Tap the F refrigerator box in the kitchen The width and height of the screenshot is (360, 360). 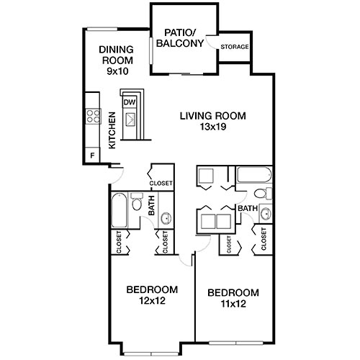pyautogui.click(x=91, y=156)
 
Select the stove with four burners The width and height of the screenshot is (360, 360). pyautogui.click(x=92, y=115)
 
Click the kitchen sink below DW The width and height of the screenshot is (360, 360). pyautogui.click(x=131, y=120)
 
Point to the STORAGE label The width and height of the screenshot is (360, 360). pyautogui.click(x=235, y=48)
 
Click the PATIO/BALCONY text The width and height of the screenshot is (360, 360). pyautogui.click(x=182, y=37)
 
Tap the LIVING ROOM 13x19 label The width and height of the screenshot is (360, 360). pyautogui.click(x=212, y=120)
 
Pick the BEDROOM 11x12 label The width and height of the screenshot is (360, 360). pyautogui.click(x=233, y=297)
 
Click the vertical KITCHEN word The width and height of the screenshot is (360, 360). pyautogui.click(x=112, y=131)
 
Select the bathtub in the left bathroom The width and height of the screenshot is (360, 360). pyautogui.click(x=120, y=212)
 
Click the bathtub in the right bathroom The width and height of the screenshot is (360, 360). pyautogui.click(x=253, y=175)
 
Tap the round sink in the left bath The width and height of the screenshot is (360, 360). pyautogui.click(x=165, y=218)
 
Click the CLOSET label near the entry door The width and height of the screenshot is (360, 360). pyautogui.click(x=161, y=184)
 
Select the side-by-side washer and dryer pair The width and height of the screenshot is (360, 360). pyautogui.click(x=213, y=220)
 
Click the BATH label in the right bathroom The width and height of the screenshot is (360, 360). pyautogui.click(x=248, y=209)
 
